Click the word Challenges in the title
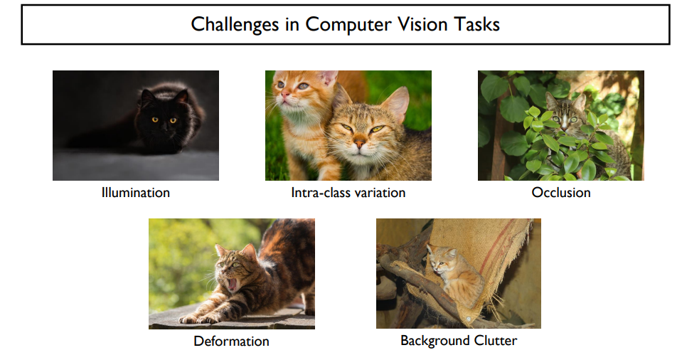235,25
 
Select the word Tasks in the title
477,24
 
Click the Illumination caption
136,192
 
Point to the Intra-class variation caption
348,192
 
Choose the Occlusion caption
561,192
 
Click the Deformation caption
231,341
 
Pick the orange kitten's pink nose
285,94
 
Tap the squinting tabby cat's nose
359,142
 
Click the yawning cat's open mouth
233,285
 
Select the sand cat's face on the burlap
440,260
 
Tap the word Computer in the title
348,25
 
